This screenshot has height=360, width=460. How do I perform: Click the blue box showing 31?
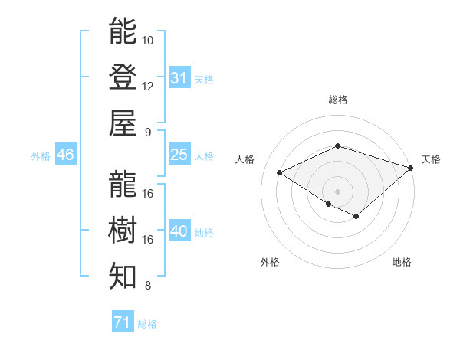click(x=179, y=78)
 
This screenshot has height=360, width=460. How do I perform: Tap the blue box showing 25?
click(x=179, y=155)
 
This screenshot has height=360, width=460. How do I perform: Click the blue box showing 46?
click(x=65, y=155)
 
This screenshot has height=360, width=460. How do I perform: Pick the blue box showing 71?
click(x=122, y=322)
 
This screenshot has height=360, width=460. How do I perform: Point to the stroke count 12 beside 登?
click(x=148, y=86)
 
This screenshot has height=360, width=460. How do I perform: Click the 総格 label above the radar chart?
click(x=337, y=100)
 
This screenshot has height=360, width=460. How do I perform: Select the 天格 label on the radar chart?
click(x=431, y=159)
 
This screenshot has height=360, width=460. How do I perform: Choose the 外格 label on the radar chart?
click(x=270, y=262)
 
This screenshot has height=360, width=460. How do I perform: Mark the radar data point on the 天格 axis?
click(x=411, y=167)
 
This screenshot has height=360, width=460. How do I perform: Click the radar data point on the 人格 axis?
click(x=280, y=172)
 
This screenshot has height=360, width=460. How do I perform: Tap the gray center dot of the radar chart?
click(x=337, y=191)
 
